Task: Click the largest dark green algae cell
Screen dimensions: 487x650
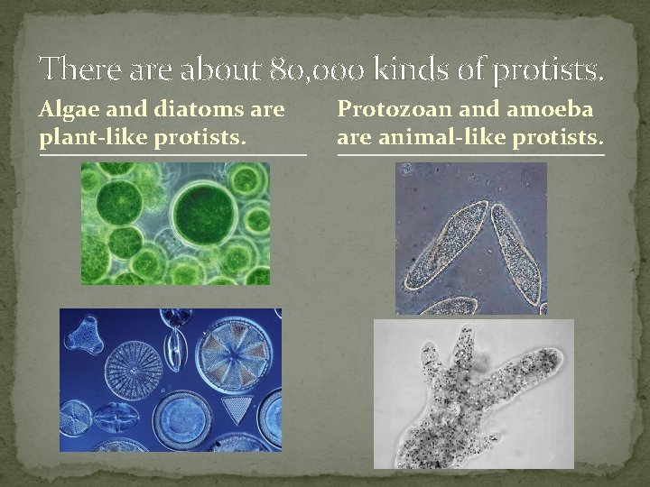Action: (207, 210)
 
